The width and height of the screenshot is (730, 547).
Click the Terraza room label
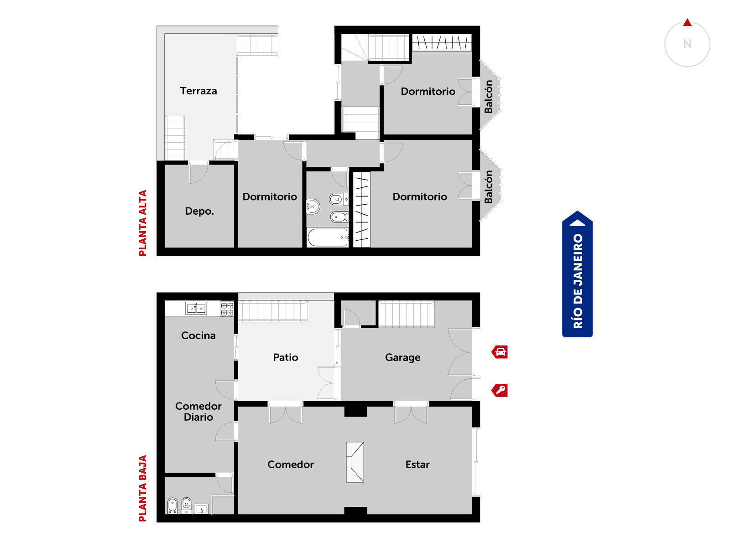click(x=198, y=91)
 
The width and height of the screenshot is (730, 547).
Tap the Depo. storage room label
click(x=199, y=211)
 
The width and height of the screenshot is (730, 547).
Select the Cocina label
click(x=198, y=335)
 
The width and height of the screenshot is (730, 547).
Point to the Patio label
click(x=285, y=357)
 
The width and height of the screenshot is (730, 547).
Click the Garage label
click(x=402, y=358)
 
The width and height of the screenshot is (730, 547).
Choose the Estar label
click(x=417, y=464)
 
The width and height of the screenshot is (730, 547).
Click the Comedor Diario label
click(x=198, y=412)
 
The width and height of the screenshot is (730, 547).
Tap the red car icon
click(x=500, y=352)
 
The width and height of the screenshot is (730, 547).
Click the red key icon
click(x=500, y=390)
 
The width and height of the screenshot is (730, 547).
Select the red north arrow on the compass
click(x=687, y=23)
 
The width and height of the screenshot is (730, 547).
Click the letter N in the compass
click(x=687, y=44)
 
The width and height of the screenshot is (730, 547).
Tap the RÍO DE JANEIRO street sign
click(x=577, y=274)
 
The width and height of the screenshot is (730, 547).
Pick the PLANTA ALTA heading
click(x=143, y=223)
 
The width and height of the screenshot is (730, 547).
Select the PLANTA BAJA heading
click(x=143, y=488)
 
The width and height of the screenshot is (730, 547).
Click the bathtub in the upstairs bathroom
click(x=328, y=237)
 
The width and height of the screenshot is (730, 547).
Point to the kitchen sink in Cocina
click(x=196, y=308)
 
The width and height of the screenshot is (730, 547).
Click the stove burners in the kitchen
click(x=227, y=309)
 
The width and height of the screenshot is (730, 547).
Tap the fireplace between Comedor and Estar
click(x=355, y=462)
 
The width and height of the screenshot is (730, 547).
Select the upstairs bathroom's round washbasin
click(x=313, y=206)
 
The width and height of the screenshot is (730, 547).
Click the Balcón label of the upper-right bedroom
click(x=488, y=97)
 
